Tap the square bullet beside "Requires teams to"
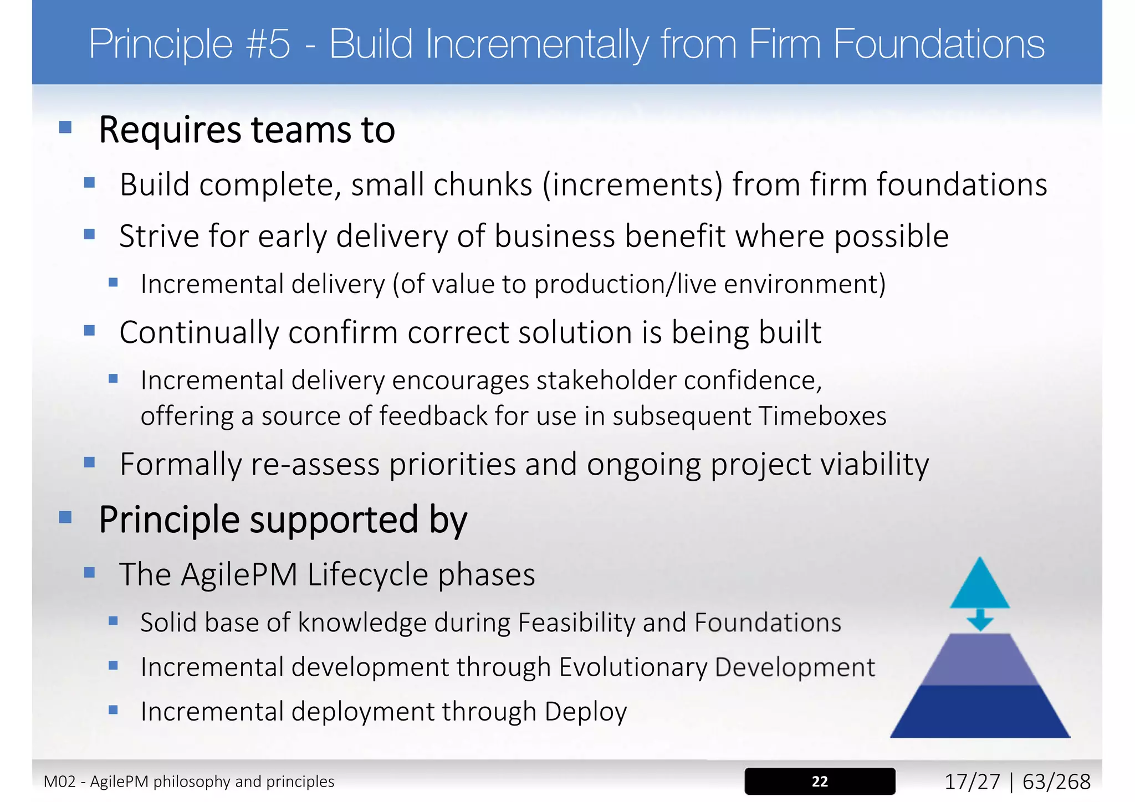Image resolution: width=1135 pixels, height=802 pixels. [65, 128]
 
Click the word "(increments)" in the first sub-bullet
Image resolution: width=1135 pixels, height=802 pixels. [632, 185]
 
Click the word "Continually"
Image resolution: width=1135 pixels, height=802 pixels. [198, 333]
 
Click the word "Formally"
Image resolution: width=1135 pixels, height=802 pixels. [181, 464]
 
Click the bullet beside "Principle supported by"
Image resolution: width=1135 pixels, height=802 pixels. [65, 517]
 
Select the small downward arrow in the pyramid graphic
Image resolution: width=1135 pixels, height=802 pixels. [980, 620]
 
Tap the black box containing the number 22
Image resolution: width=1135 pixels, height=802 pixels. [820, 781]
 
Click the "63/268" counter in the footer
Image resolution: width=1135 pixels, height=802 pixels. [1056, 782]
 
